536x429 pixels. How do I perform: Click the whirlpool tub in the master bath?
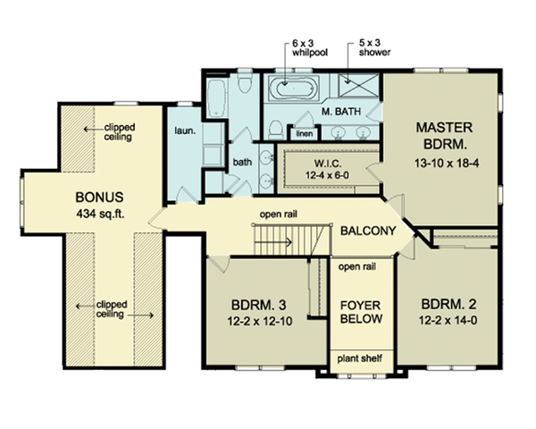[294, 88]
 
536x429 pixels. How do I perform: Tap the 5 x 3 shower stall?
[358, 85]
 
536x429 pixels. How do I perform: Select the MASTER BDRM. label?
[444, 136]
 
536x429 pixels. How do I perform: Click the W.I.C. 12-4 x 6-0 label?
[327, 169]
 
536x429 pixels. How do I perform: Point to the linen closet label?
[305, 133]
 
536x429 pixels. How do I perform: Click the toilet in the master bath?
[276, 130]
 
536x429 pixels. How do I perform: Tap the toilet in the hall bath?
[245, 81]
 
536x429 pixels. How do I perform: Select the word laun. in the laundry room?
[185, 130]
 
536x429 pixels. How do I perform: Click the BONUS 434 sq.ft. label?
[99, 206]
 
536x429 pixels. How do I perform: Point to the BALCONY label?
[368, 231]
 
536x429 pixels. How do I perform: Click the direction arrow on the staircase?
[273, 242]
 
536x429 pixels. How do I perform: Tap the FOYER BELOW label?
[361, 312]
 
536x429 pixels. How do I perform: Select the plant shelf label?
[360, 358]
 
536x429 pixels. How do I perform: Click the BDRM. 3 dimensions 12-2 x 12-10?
[260, 322]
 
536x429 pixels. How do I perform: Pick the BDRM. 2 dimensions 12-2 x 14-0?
[448, 321]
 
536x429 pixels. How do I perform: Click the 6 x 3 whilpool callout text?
[310, 48]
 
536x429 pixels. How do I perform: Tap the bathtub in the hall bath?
[215, 97]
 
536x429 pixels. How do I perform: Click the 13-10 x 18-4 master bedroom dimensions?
[447, 164]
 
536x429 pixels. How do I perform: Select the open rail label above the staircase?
[279, 214]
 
